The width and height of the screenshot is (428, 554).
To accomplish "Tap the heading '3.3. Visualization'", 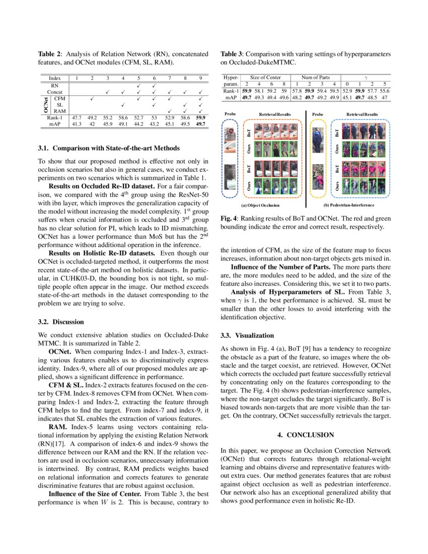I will point(247,335).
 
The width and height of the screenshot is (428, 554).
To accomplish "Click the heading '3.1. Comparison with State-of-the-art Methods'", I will point(108,148).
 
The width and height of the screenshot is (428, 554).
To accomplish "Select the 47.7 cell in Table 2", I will point(76,117).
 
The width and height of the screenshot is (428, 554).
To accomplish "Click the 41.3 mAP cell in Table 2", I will point(76,123).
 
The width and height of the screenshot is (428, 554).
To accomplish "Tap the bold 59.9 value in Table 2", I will point(200,117).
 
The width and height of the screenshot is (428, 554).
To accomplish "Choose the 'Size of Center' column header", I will point(265,77).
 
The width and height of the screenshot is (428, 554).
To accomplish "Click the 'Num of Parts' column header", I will point(315,77).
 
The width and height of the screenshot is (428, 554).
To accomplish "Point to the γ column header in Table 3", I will point(365,77).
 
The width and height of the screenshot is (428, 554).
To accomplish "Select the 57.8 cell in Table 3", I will point(298,90).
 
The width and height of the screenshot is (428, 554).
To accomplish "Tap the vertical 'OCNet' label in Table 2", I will point(46,105).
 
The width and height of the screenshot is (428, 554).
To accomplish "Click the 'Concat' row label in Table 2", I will point(55,92).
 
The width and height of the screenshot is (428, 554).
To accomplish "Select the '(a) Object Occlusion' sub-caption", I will point(260,205).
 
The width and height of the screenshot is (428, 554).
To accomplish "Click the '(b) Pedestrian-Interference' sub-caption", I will point(349,205).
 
